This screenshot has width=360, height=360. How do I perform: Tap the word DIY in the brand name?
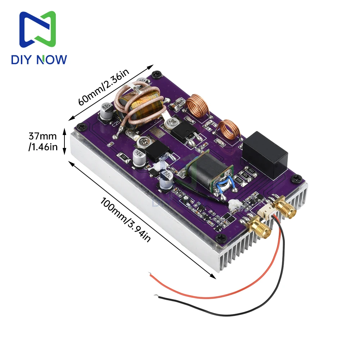[24, 59]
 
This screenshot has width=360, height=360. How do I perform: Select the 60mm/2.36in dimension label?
[103, 88]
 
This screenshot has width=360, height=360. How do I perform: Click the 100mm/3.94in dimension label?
[126, 220]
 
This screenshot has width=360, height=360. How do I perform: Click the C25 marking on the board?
[116, 125]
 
